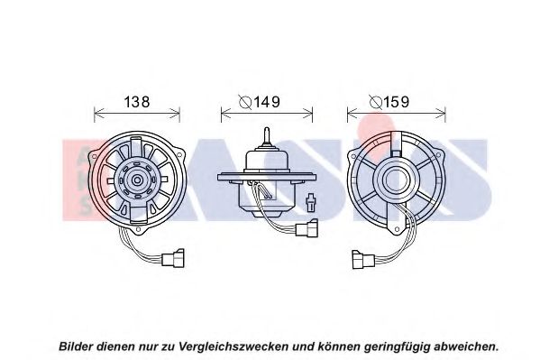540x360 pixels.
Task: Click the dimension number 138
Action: point(137,102)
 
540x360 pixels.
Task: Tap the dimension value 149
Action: point(267,102)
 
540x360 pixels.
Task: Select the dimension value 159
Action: point(397,102)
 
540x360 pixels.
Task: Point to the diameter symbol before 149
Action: point(245,102)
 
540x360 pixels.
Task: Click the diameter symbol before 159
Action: point(375,102)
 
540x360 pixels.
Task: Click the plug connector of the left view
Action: point(173,258)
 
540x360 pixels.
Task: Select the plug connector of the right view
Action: point(363,259)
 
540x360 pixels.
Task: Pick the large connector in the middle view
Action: point(307,228)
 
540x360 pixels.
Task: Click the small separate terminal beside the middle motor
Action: point(311,202)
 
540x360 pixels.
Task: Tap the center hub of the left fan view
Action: point(137,180)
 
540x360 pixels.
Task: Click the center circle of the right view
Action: point(397,180)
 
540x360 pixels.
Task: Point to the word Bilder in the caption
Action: point(76,346)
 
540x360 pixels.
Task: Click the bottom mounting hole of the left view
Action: point(139,228)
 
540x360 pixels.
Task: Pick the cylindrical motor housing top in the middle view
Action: point(267,160)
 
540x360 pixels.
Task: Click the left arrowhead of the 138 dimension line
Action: point(98,112)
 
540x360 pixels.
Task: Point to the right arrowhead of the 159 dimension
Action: point(441,112)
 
